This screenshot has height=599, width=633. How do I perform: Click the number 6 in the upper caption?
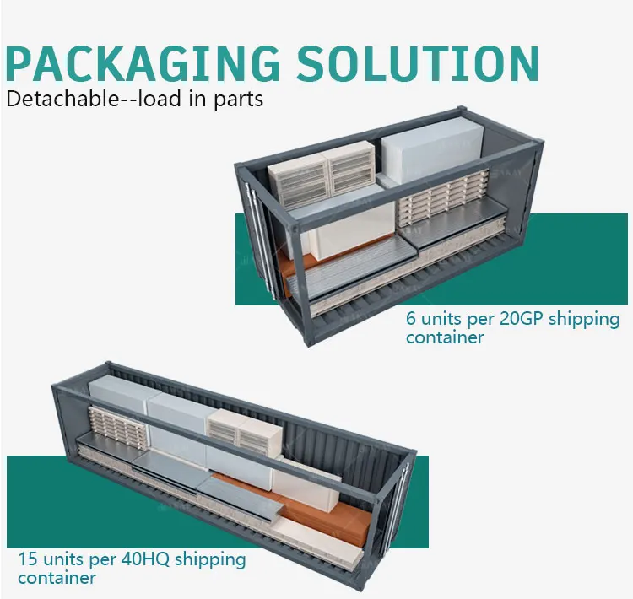click(x=411, y=320)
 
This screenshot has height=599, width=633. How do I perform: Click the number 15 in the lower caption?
click(x=28, y=559)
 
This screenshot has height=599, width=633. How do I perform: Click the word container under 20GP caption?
click(x=445, y=337)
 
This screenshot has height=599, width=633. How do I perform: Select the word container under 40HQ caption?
click(x=57, y=578)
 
